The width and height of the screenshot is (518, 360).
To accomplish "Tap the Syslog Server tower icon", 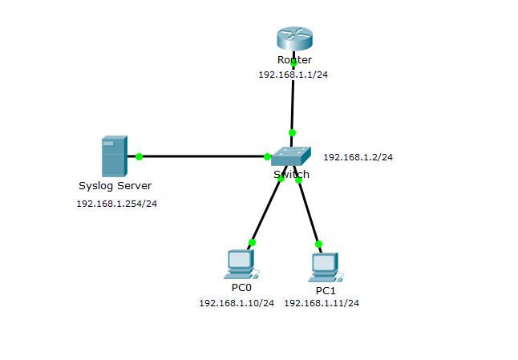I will pos(114,156).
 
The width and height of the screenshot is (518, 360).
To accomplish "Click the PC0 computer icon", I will pos(239,262).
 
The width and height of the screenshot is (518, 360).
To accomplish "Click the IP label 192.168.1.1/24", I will pos(293,74).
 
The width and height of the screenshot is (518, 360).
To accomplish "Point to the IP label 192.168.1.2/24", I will pos(358,157).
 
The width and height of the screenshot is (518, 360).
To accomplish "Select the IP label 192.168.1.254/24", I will pos(116,204).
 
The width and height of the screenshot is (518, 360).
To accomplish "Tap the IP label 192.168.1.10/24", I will pos(237,303).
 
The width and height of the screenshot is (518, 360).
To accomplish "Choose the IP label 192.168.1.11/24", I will pos(322,303).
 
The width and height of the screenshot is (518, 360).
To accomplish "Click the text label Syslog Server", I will pos(115,186).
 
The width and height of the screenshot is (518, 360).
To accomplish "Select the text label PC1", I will pos(326,290).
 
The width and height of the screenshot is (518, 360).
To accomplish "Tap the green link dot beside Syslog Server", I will pos(139,156).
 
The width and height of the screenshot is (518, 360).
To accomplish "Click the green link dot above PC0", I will pos(252,242).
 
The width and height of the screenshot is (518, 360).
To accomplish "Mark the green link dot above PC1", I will pos(318,244).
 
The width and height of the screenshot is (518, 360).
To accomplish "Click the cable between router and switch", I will pos(293,100).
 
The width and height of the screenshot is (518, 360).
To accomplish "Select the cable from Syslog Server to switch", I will pos(200,156).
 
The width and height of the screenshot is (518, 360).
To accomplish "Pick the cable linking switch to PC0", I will pos(266,210).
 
